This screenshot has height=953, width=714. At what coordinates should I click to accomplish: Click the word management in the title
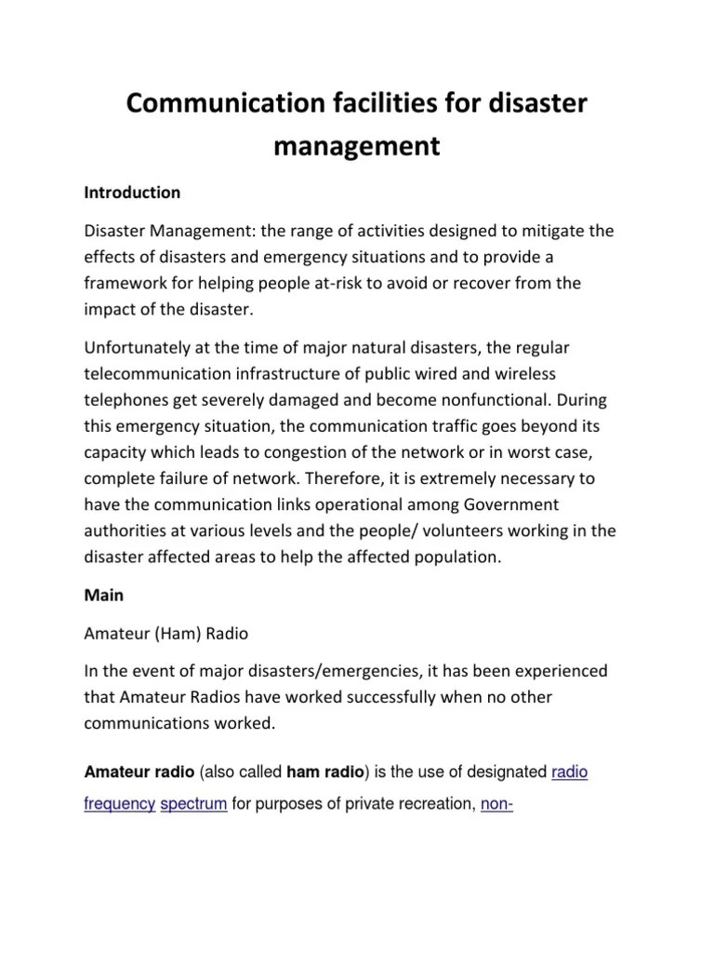[x=357, y=147]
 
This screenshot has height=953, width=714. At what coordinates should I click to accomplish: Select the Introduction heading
[x=132, y=193]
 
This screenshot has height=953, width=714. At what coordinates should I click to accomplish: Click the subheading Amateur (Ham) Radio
[x=166, y=634]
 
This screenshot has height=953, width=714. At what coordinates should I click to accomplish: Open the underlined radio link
[x=569, y=772]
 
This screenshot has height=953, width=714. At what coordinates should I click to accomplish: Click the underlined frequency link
[x=120, y=803]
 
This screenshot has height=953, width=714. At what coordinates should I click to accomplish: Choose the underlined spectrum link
[x=194, y=803]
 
